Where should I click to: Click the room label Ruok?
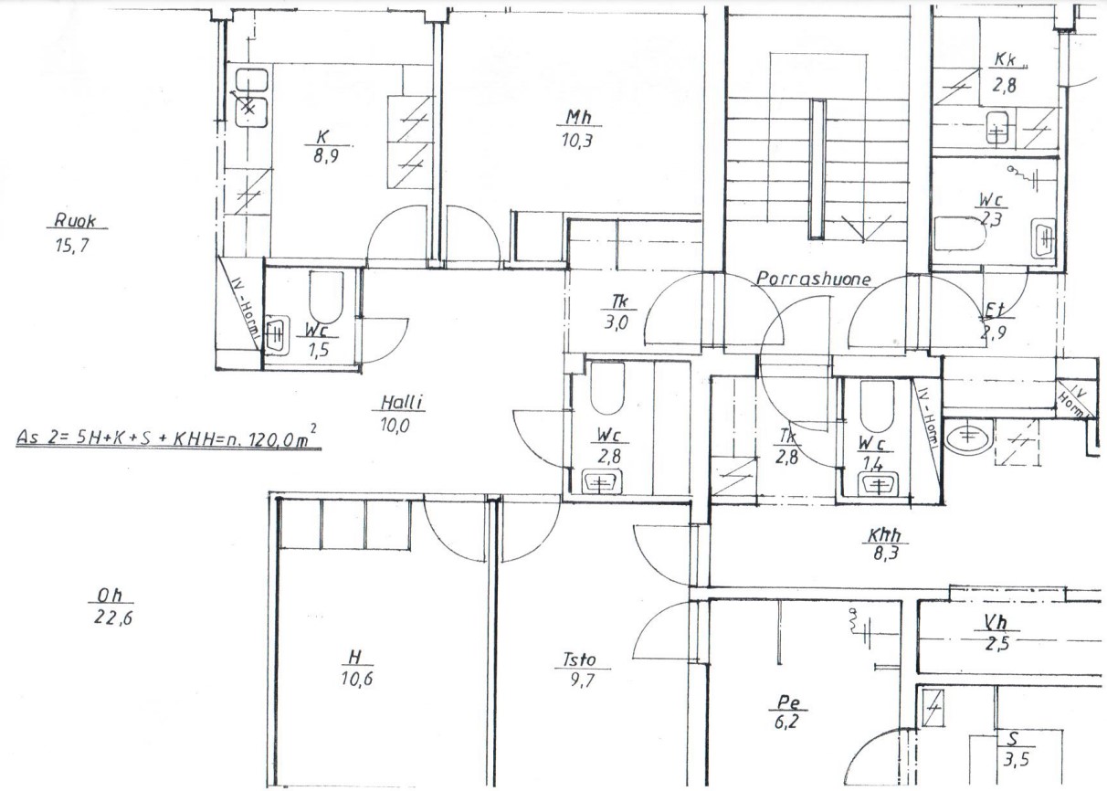click(x=75, y=220)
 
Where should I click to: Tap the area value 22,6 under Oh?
click(x=113, y=618)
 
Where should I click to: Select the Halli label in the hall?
click(x=402, y=403)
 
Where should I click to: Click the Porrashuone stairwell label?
click(x=814, y=279)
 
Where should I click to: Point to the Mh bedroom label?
click(x=578, y=117)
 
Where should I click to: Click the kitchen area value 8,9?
click(x=326, y=156)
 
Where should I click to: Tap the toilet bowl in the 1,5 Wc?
click(x=326, y=297)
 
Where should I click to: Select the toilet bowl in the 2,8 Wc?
click(x=607, y=388)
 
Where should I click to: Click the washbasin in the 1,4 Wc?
click(x=878, y=484)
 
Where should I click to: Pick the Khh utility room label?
click(x=885, y=535)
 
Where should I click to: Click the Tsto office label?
click(x=579, y=659)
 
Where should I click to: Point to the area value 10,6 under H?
click(x=357, y=679)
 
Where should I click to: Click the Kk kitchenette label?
click(x=1005, y=59)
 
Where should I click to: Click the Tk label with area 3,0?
click(x=618, y=301)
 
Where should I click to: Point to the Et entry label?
click(x=995, y=310)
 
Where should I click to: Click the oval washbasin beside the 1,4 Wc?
click(x=967, y=436)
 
